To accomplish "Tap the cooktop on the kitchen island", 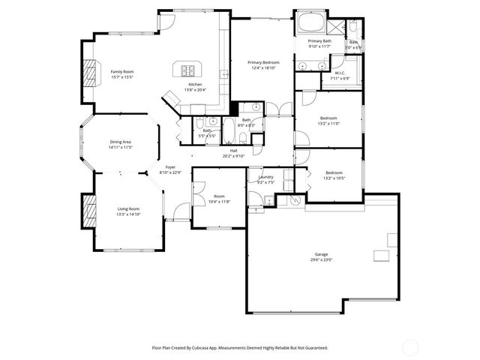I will coord(186,71).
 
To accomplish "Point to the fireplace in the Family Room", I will coord(90,73).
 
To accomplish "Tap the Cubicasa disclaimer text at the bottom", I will coord(240,347).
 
